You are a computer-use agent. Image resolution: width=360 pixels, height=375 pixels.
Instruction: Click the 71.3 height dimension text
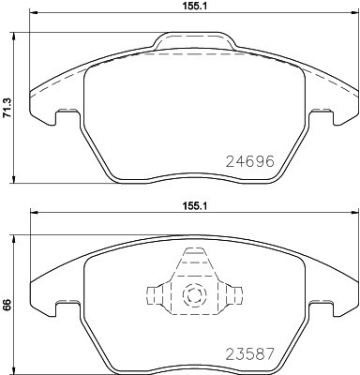7,116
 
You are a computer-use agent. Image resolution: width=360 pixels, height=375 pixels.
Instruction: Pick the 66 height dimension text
7,304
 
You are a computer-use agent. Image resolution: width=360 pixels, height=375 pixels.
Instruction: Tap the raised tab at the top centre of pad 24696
194,40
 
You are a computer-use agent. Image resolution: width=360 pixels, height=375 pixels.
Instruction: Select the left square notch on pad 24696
66,116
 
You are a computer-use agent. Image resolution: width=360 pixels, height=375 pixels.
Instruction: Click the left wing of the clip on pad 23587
158,292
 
